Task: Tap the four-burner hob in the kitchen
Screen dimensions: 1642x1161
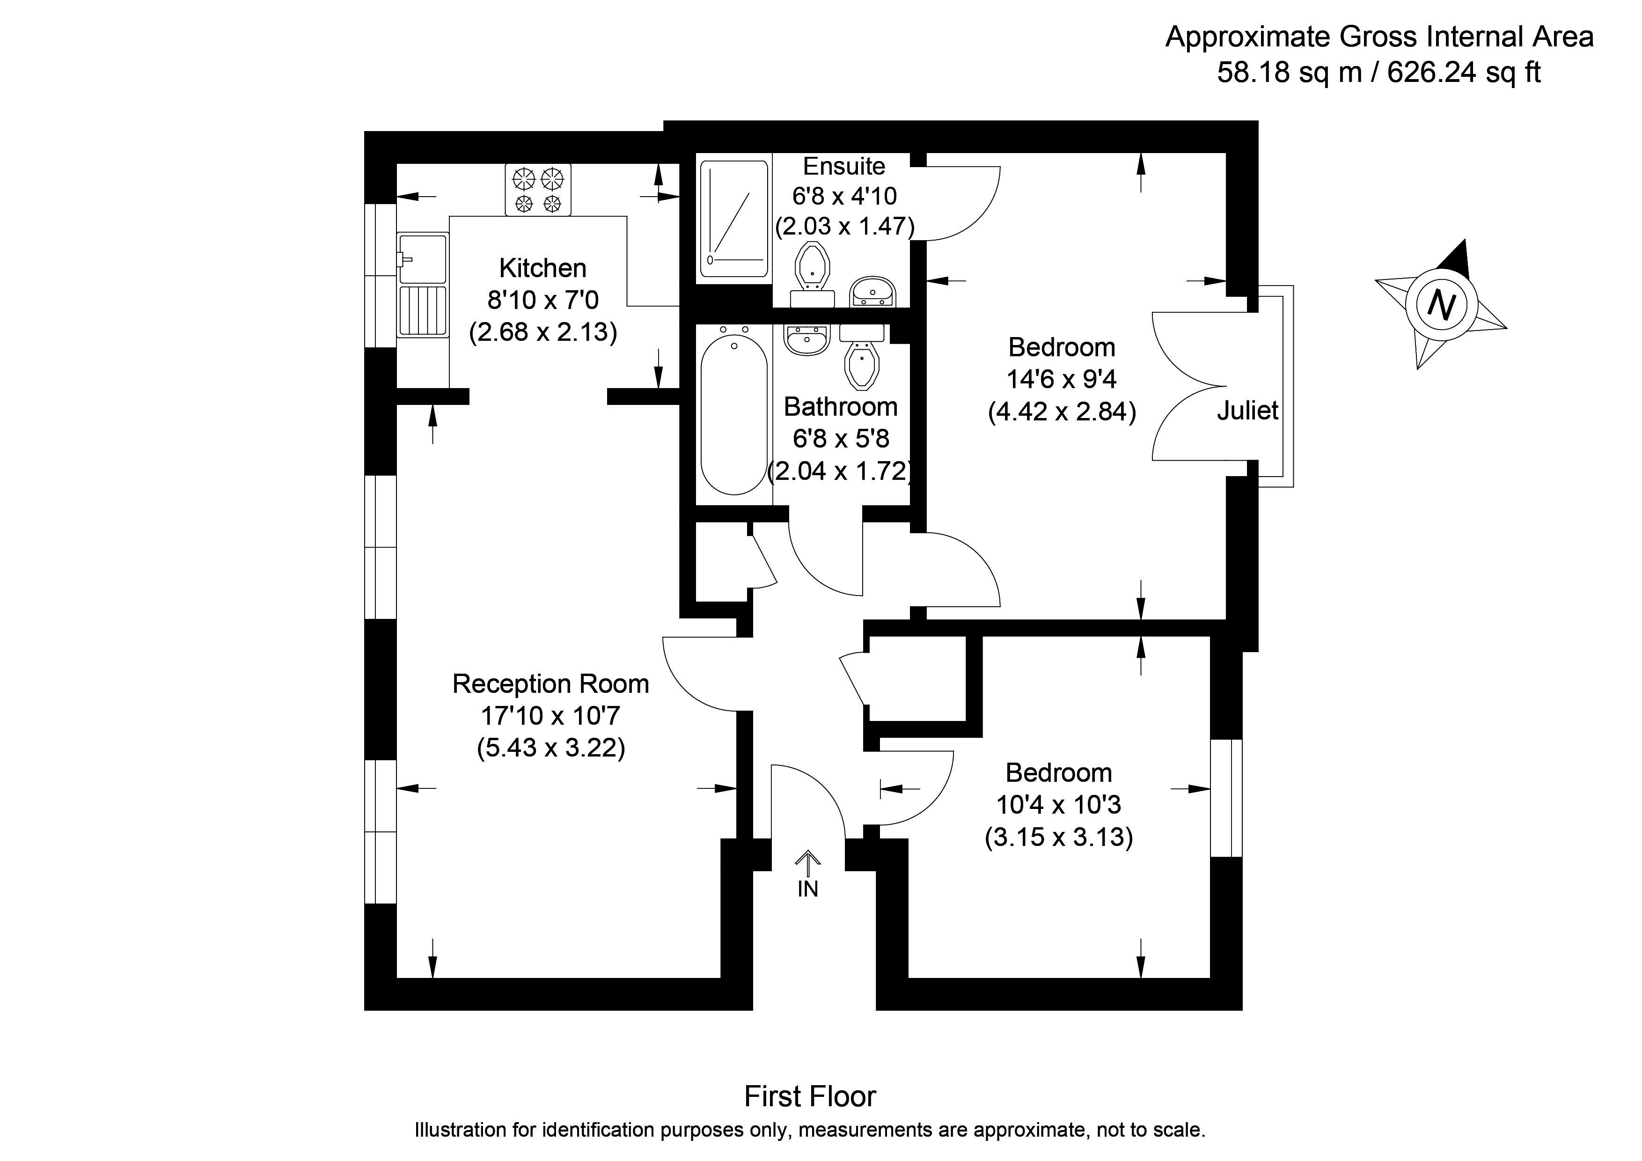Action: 538,190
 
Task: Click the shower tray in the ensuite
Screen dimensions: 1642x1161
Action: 734,218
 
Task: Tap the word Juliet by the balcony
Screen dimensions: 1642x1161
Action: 1247,411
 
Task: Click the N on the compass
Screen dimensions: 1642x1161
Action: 1441,305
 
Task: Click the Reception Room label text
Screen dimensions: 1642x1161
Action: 550,684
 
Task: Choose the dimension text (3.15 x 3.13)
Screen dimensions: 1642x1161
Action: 1058,837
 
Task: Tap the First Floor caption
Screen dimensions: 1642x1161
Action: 810,1096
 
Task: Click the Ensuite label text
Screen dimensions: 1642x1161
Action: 844,166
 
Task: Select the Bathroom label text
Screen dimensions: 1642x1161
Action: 840,406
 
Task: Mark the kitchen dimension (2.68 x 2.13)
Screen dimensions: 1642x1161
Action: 543,332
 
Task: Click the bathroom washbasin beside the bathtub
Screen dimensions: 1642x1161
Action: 806,340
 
